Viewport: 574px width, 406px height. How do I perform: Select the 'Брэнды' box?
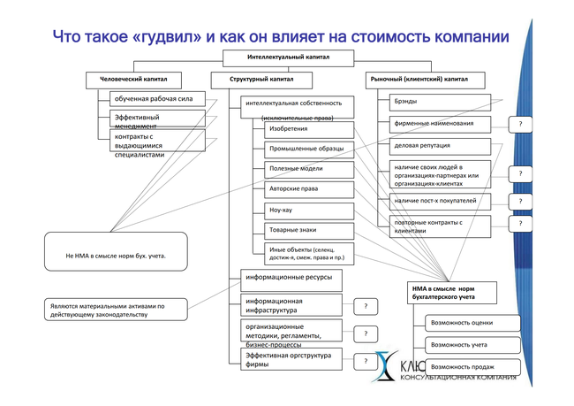434,101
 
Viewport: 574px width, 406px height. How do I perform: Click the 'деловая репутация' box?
434,145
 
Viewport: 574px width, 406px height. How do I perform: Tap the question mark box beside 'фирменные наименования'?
520,124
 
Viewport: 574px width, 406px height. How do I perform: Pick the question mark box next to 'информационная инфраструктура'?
365,306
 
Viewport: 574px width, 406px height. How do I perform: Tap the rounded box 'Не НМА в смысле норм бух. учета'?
116,255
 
